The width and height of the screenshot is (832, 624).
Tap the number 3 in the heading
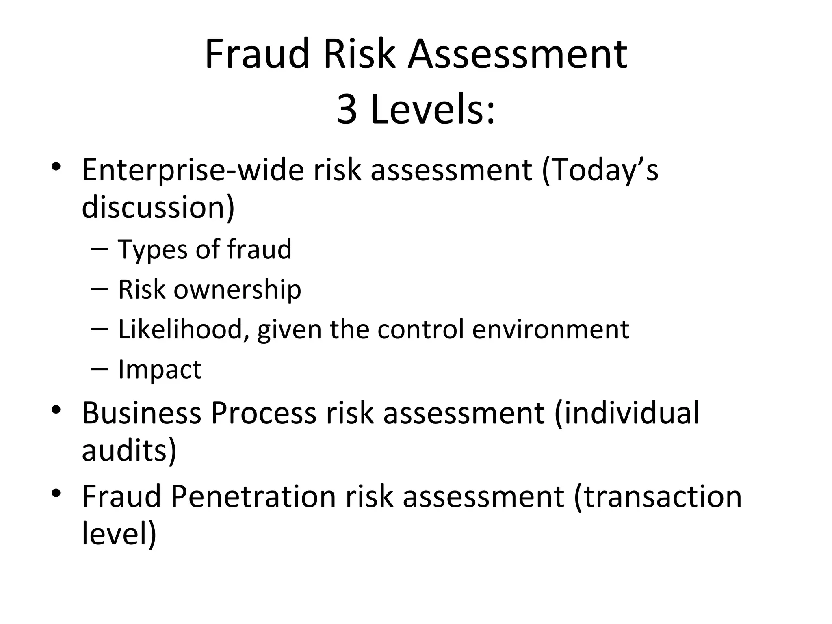[x=347, y=110]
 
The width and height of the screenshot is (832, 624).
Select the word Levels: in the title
[x=433, y=110]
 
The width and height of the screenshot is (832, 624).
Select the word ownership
[x=238, y=290]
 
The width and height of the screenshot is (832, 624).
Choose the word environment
[x=550, y=329]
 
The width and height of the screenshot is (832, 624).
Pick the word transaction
[x=658, y=496]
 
